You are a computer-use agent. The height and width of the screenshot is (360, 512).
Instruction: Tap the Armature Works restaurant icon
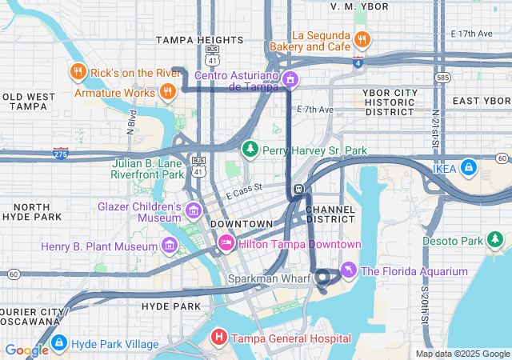point(167,92)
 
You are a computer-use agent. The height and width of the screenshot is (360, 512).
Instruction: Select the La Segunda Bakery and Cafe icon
point(362,39)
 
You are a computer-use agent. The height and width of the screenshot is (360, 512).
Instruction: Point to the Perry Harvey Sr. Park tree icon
point(250,150)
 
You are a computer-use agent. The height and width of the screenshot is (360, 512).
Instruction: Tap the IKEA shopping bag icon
point(469,169)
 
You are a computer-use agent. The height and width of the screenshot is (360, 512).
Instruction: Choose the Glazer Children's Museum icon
point(193,211)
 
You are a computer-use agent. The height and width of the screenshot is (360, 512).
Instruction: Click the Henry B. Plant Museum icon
point(169,244)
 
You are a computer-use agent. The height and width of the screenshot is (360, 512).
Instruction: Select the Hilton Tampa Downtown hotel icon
point(226,243)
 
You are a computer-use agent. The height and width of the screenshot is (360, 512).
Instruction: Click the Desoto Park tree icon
point(496,240)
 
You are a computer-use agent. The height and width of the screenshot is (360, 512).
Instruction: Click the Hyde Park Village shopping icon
point(58,343)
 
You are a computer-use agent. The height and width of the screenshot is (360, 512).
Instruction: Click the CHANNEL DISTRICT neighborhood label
point(330,214)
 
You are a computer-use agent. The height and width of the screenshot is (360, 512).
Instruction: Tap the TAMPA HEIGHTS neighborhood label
point(199,39)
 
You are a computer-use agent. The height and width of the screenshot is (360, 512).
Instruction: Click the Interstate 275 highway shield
point(61,150)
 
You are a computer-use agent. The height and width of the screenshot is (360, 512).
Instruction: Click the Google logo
point(26,350)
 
